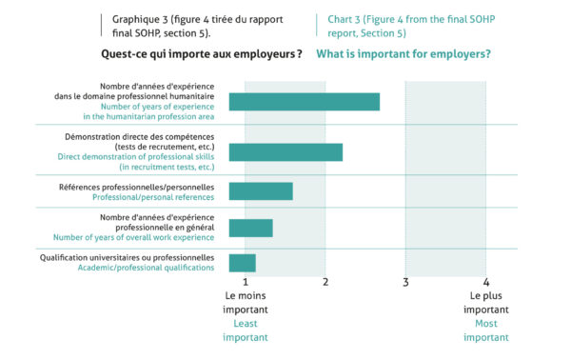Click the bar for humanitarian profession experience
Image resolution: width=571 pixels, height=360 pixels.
[x=305, y=102]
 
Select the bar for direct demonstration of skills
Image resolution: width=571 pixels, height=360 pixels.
[x=285, y=152]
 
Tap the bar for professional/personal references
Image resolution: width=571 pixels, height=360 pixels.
[x=261, y=191]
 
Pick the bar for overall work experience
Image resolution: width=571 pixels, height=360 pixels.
[x=250, y=229]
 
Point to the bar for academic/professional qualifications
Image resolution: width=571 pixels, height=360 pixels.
[x=242, y=263]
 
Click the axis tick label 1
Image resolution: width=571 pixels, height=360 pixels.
[x=246, y=282]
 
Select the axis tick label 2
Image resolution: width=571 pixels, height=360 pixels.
[x=325, y=282]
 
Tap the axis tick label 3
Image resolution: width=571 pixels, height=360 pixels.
[x=405, y=282]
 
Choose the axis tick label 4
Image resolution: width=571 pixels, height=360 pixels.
[x=485, y=282]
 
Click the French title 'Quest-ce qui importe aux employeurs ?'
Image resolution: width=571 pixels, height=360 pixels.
[x=202, y=54]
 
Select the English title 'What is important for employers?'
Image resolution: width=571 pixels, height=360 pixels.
[x=404, y=54]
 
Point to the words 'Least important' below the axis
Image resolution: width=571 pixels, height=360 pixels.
[x=246, y=330]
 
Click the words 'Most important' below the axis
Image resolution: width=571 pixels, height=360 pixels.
[x=485, y=330]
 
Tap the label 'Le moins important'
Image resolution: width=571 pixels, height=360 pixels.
[x=246, y=303]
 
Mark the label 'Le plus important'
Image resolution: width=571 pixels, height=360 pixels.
[x=485, y=303]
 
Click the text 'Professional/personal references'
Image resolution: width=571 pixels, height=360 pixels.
[x=153, y=197]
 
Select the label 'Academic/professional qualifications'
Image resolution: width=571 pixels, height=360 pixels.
[x=146, y=268]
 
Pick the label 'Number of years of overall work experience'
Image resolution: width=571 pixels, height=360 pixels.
[x=133, y=237]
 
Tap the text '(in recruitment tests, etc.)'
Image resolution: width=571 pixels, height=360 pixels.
[x=167, y=167]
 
